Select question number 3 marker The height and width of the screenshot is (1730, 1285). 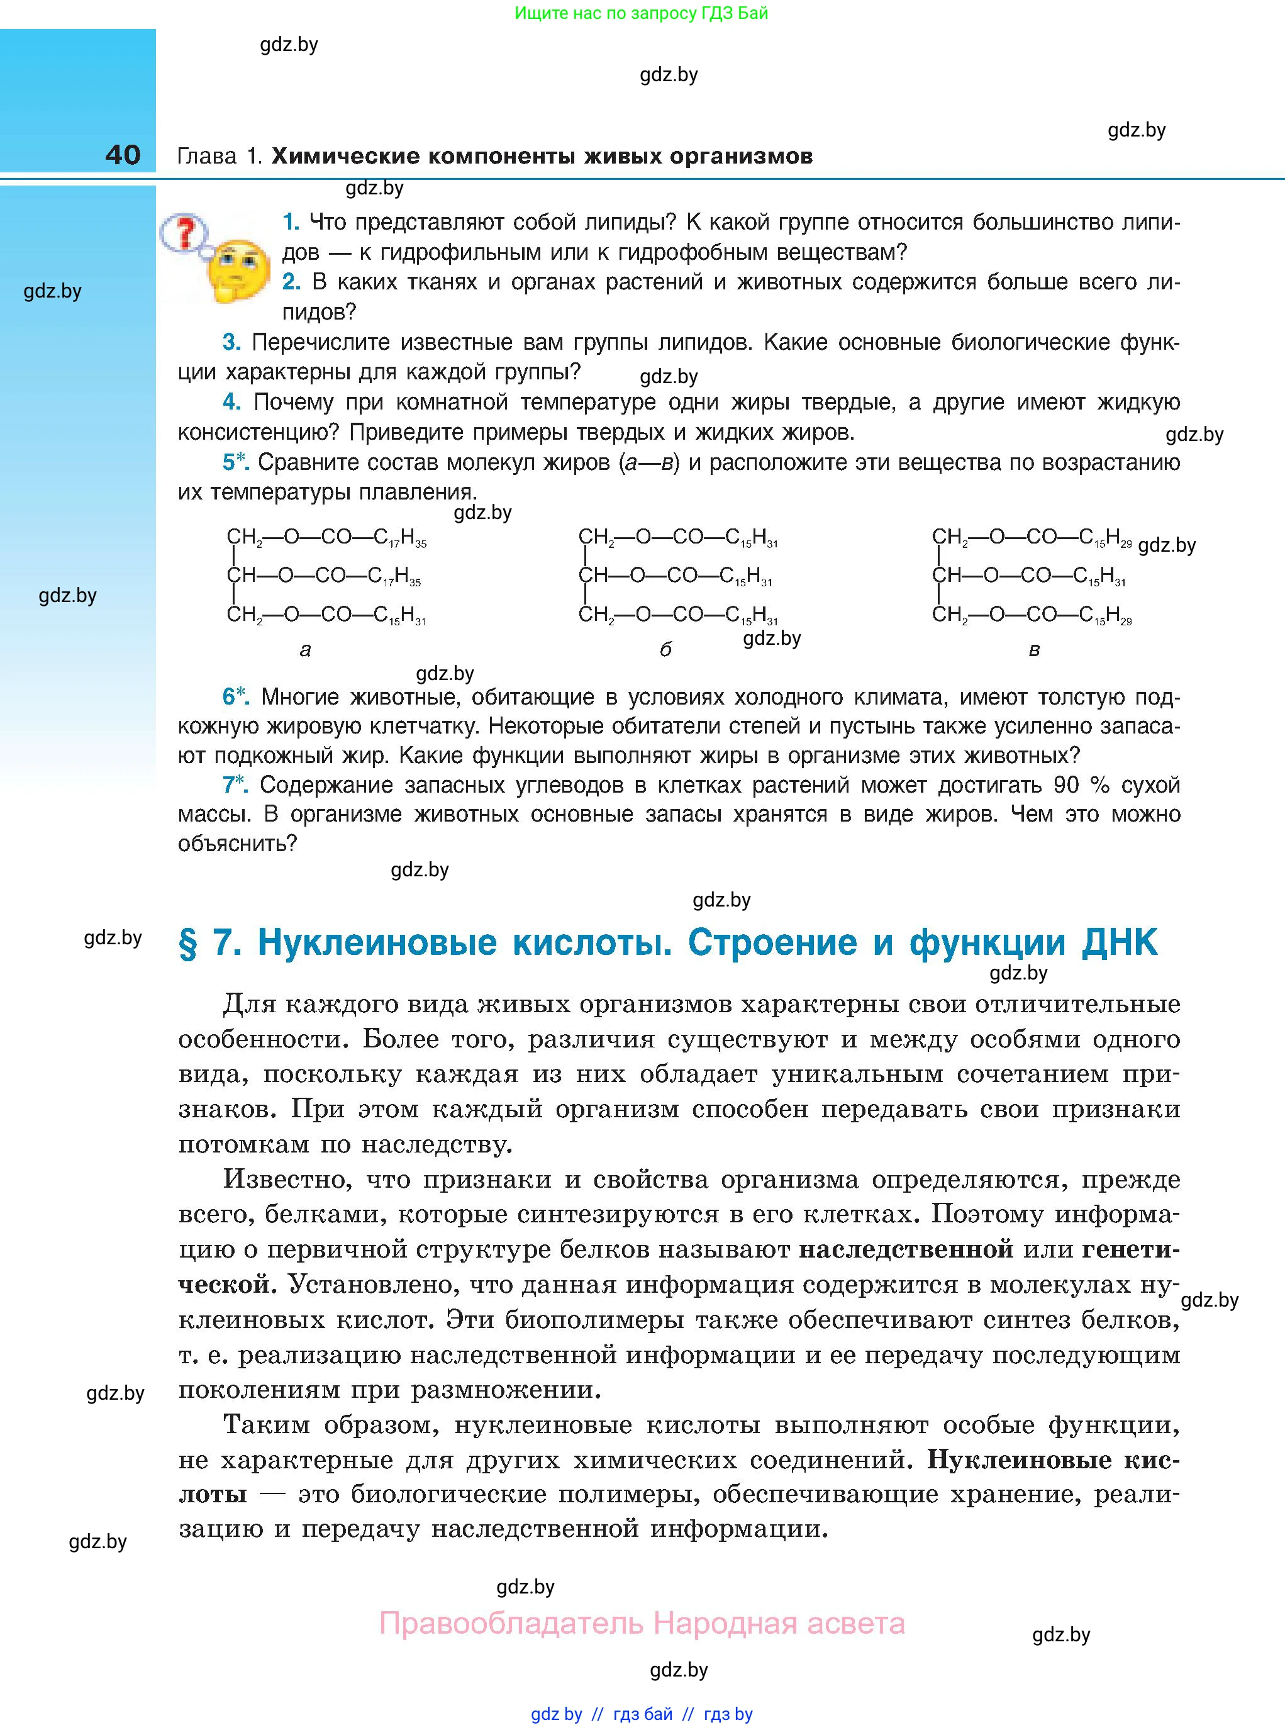[x=231, y=342]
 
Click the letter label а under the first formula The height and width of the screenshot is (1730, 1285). [x=305, y=650]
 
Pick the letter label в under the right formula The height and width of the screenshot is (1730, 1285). [x=1034, y=650]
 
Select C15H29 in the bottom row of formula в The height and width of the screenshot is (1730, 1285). [x=1105, y=616]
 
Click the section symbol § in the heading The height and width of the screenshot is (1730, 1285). [x=188, y=944]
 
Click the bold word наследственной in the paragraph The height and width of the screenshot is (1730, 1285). [x=906, y=1249]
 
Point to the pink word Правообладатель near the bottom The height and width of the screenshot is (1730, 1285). [x=511, y=1624]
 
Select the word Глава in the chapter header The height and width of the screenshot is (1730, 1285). [x=207, y=157]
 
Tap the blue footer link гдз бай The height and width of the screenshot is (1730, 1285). [x=643, y=1714]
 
